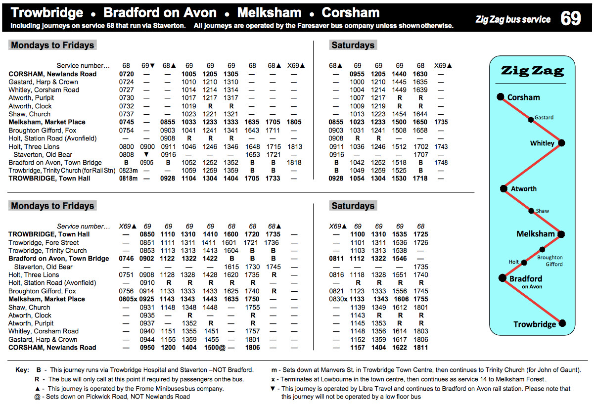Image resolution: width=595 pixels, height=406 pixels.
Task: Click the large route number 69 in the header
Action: point(570,18)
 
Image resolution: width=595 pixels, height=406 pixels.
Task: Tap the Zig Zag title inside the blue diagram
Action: point(532,71)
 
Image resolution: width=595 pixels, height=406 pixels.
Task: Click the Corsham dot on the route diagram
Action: point(500,97)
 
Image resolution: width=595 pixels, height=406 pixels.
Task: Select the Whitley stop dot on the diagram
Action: point(561,143)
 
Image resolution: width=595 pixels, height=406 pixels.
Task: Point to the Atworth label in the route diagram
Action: point(524,188)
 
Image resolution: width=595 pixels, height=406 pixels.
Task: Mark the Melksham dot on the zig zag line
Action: point(561,234)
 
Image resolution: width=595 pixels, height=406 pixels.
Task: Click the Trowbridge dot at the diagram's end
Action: point(562,324)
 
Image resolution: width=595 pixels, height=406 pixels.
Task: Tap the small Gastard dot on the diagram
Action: point(531,119)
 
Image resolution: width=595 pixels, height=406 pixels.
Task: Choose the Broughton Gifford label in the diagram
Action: point(550,261)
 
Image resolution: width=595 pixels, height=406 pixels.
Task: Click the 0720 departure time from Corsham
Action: point(126,74)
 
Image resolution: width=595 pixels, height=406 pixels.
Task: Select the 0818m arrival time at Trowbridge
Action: point(128,179)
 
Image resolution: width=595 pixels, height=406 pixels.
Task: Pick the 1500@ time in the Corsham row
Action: point(215,348)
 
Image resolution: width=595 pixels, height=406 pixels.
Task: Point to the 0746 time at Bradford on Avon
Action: point(126,259)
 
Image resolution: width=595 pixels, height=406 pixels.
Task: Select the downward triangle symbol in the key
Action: point(273,389)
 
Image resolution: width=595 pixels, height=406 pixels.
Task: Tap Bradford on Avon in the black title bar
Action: point(160,12)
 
